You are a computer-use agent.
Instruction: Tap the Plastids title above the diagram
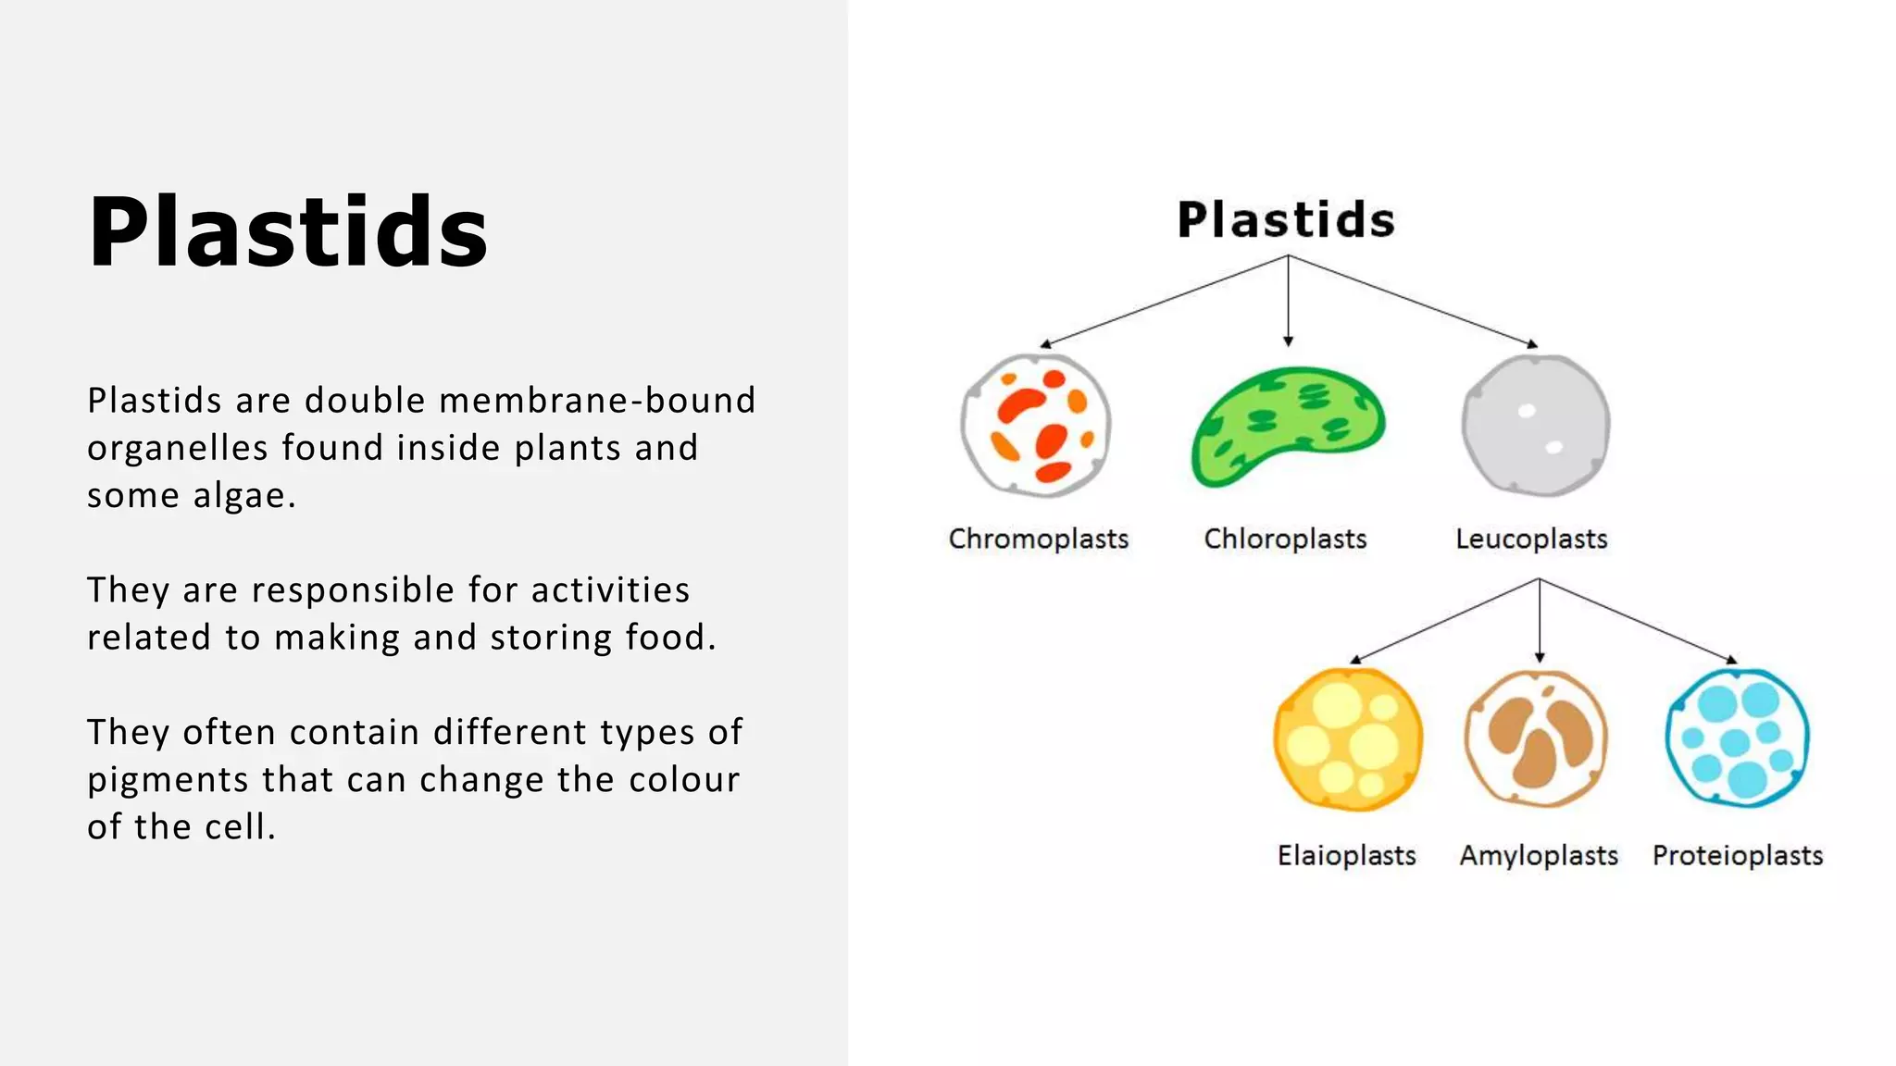pos(1286,220)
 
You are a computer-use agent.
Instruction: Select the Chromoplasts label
pos(1038,539)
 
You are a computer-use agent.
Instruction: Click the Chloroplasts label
pos(1285,539)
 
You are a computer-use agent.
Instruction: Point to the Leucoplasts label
pos(1531,539)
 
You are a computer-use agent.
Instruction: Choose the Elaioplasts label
pos(1346,855)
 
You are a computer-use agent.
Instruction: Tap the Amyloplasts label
pos(1539,855)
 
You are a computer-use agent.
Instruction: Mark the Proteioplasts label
pos(1738,855)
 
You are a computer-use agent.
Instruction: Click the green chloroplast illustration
pos(1286,426)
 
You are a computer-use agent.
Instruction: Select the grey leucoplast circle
pos(1536,426)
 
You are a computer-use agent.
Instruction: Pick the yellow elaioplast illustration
pos(1348,739)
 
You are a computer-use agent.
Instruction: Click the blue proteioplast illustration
pos(1737,738)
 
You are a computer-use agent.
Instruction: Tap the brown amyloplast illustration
pos(1537,738)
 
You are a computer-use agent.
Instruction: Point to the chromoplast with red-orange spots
pos(1036,426)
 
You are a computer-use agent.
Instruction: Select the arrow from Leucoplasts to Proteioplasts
pos(1637,620)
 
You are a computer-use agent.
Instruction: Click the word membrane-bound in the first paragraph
pos(597,401)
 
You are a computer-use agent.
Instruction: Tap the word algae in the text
pos(244,496)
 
